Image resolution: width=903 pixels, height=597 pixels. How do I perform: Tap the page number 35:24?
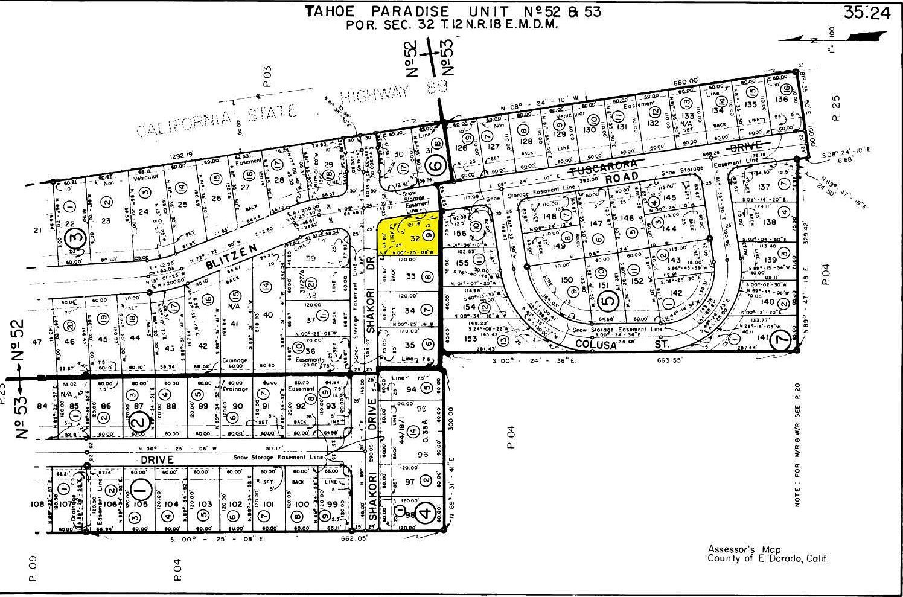[x=867, y=13]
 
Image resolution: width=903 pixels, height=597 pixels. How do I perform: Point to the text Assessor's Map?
[x=739, y=549]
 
